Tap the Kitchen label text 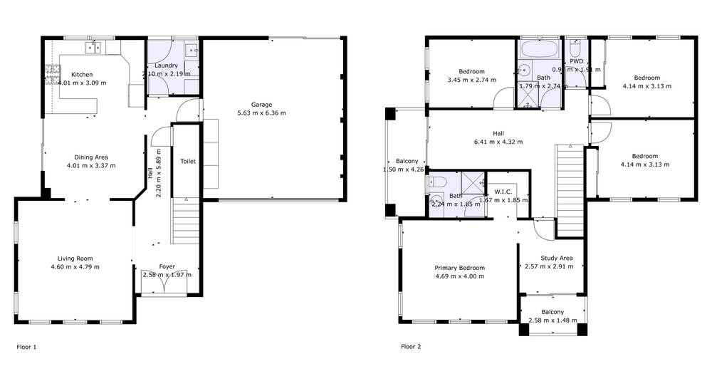pyautogui.click(x=82, y=74)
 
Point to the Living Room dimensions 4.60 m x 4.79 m pyautogui.click(x=75, y=267)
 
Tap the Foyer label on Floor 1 pyautogui.click(x=167, y=266)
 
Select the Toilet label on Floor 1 pyautogui.click(x=187, y=162)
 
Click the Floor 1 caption pyautogui.click(x=26, y=347)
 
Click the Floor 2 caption pyautogui.click(x=411, y=347)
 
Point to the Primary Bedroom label pyautogui.click(x=459, y=268)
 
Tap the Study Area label pyautogui.click(x=556, y=258)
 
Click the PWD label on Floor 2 pyautogui.click(x=576, y=61)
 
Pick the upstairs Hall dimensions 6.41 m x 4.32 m pyautogui.click(x=498, y=142)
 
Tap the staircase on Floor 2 pyautogui.click(x=570, y=189)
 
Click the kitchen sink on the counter pyautogui.click(x=93, y=48)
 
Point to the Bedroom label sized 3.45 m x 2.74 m pyautogui.click(x=471, y=71)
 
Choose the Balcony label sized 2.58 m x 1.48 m pyautogui.click(x=553, y=312)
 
